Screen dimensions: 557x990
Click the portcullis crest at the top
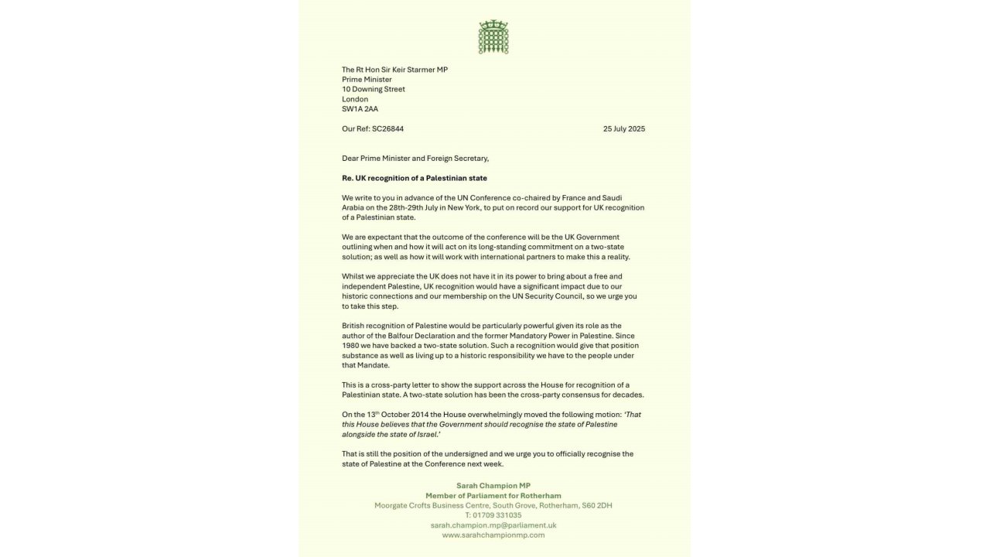(493, 37)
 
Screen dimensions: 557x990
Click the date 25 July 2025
(623, 128)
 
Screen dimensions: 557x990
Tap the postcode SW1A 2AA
(360, 109)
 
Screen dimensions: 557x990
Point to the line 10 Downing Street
(374, 89)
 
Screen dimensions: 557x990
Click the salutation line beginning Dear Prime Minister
(415, 159)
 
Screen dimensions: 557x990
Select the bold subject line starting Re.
(415, 178)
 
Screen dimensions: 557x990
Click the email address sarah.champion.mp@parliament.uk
(493, 525)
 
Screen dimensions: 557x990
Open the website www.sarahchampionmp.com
(493, 535)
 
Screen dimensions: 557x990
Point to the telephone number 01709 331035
(498, 514)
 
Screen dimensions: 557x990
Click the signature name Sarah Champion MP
(493, 485)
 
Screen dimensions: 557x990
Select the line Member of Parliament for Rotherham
(493, 495)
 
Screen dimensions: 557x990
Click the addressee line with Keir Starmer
(394, 70)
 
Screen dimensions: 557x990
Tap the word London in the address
(355, 99)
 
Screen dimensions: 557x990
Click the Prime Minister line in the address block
(367, 79)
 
